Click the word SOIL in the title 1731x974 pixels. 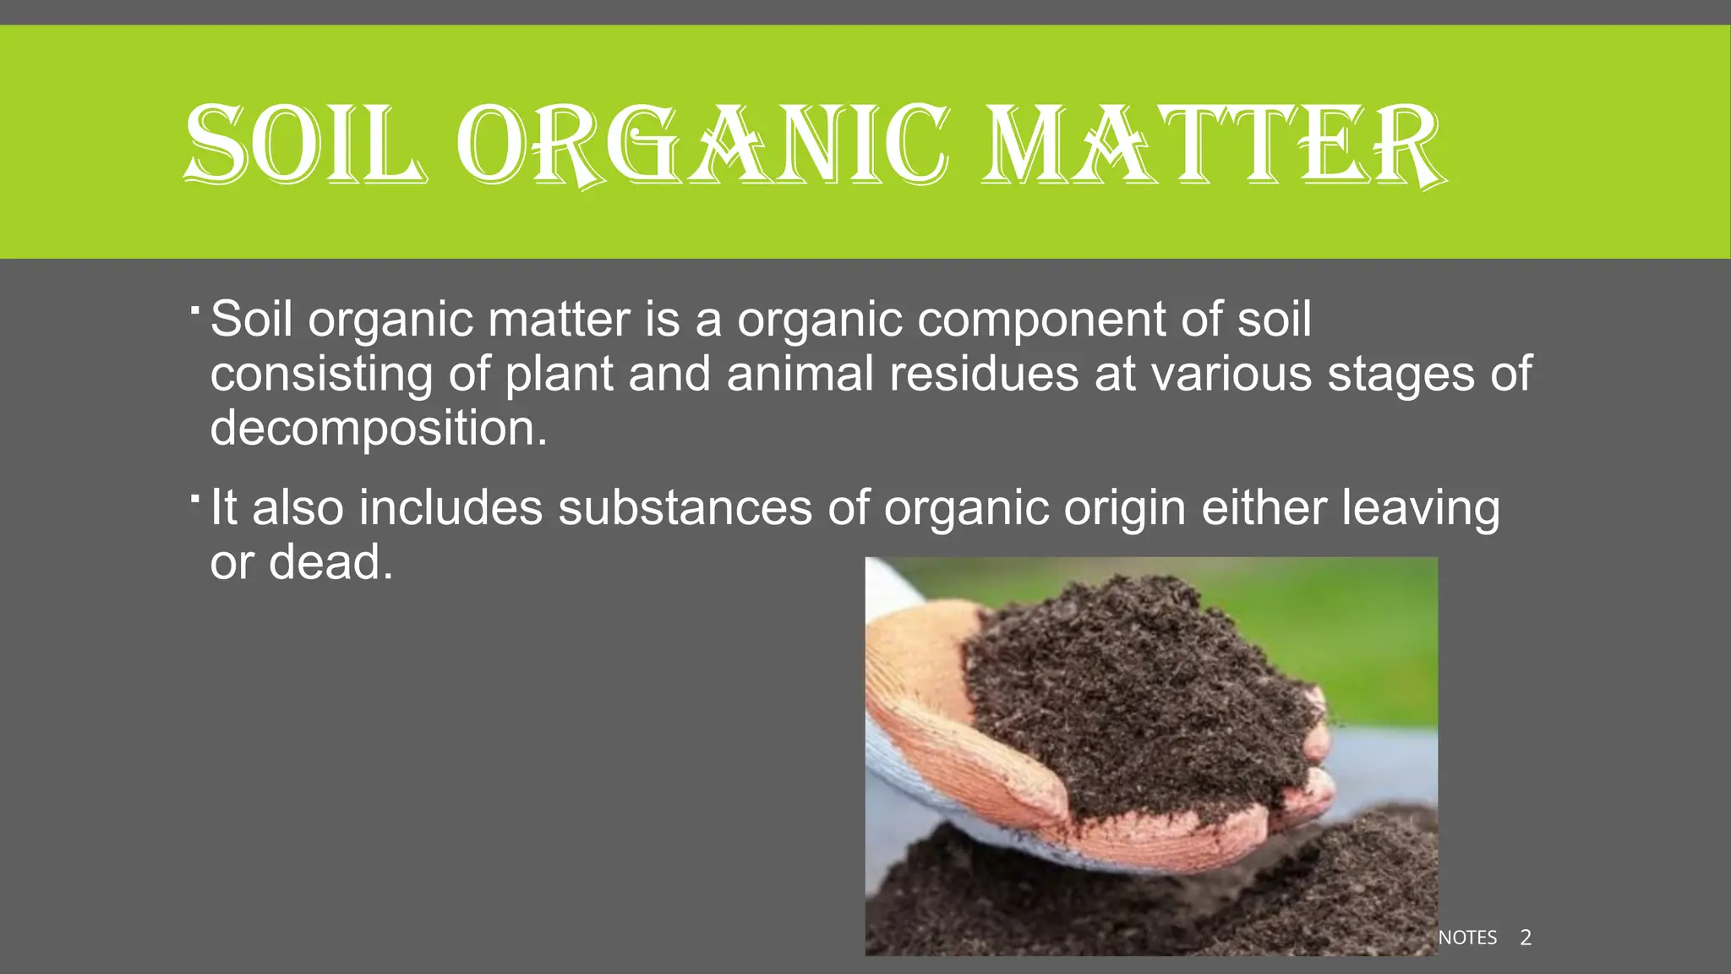304,144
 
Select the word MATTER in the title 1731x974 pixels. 1213,144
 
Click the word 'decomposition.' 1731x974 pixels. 379,428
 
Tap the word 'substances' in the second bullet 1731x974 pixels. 685,507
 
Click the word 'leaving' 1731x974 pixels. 1420,509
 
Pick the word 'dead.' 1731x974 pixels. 330,562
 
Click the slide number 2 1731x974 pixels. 1526,937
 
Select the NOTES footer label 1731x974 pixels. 1467,937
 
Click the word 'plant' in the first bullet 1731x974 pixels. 559,375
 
